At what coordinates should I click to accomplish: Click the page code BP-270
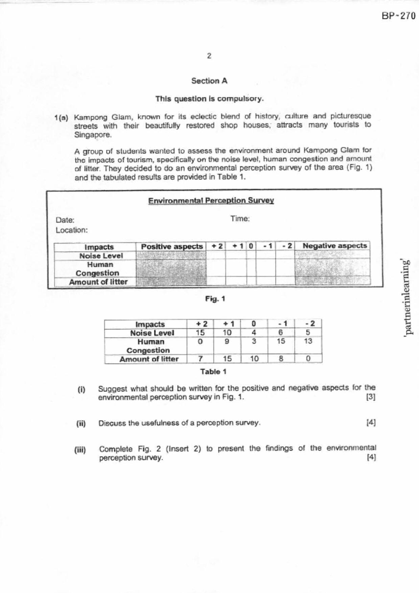click(x=398, y=16)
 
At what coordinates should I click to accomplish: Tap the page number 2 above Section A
click(x=209, y=56)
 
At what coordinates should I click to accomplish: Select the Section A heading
click(x=209, y=81)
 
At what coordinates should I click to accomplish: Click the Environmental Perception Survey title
click(x=211, y=200)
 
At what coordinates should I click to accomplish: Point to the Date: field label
click(x=65, y=220)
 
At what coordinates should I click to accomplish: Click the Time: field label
click(x=240, y=219)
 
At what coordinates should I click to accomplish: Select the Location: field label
click(x=72, y=230)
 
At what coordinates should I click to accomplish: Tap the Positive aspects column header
click(x=171, y=246)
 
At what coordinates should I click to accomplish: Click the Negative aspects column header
click(x=334, y=246)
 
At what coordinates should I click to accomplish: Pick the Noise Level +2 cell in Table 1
click(x=200, y=333)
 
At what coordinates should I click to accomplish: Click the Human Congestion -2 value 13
click(x=308, y=341)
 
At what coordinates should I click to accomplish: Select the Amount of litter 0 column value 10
click(x=254, y=359)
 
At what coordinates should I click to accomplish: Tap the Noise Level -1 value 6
click(x=281, y=333)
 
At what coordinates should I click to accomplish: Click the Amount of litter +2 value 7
click(x=200, y=359)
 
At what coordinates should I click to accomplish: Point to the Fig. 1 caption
click(x=215, y=299)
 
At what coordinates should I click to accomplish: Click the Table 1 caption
click(x=213, y=372)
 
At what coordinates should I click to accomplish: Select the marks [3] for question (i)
click(x=371, y=397)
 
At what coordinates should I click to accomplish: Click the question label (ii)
click(x=81, y=423)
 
